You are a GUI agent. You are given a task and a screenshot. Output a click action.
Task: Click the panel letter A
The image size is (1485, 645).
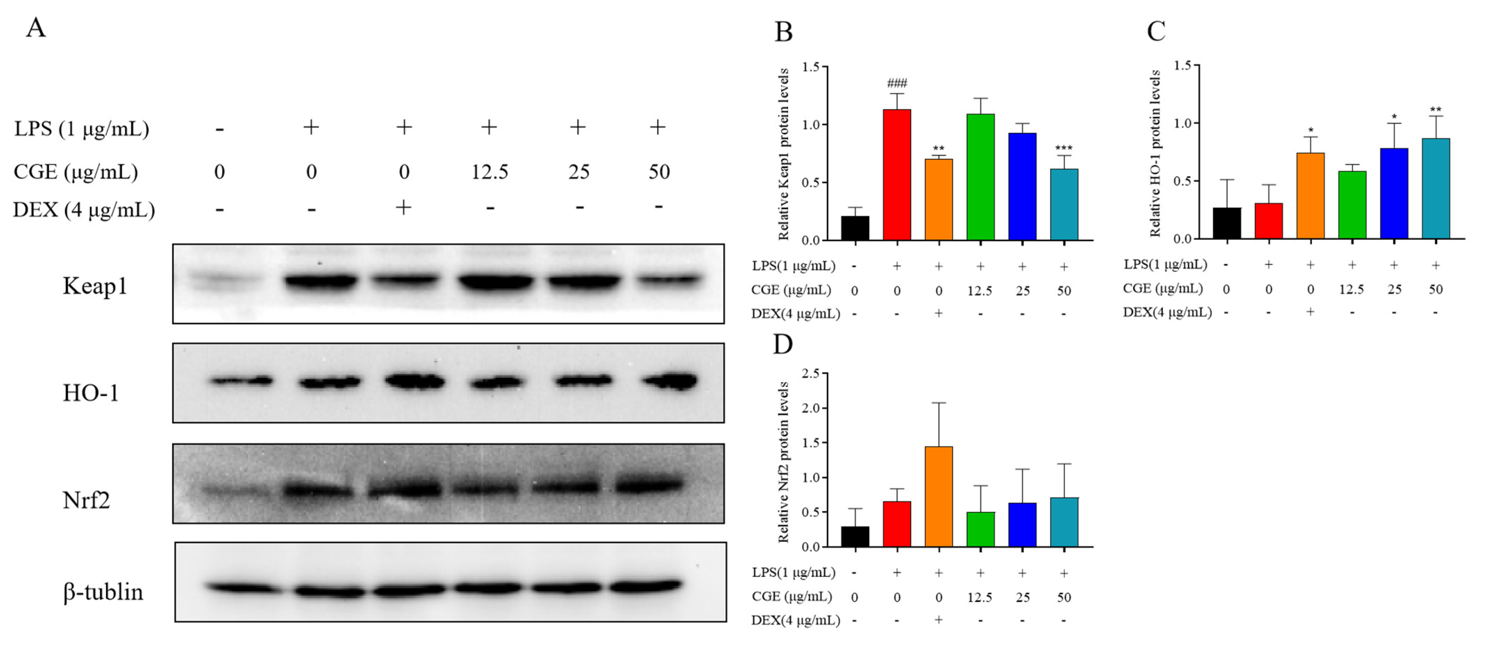point(36,27)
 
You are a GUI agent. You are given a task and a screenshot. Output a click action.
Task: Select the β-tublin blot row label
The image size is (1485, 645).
point(103,592)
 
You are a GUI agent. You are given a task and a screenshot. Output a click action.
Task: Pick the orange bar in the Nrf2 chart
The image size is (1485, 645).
point(939,497)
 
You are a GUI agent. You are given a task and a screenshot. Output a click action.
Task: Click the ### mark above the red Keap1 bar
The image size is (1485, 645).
point(897,83)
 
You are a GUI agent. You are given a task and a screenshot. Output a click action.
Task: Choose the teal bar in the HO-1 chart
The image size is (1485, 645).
point(1435,189)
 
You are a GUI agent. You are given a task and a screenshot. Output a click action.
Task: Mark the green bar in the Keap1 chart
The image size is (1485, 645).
point(980,177)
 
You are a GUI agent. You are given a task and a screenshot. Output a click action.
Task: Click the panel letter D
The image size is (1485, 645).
point(782,344)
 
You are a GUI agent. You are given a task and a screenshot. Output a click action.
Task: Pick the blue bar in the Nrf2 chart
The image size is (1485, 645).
point(1022,525)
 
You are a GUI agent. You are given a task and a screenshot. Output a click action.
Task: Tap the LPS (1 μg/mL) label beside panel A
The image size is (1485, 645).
point(81,129)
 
